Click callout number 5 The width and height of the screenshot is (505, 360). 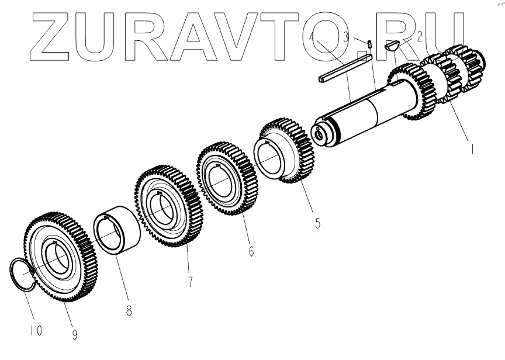click(317, 223)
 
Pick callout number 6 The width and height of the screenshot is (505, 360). click(251, 251)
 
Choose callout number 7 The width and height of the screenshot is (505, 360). click(190, 282)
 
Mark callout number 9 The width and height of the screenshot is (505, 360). click(75, 334)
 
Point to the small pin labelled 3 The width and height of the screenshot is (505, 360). click(370, 43)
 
